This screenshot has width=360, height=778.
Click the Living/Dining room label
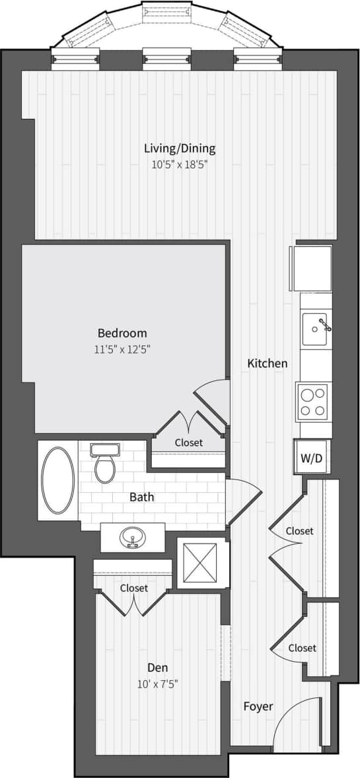180,149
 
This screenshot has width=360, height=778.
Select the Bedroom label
122,333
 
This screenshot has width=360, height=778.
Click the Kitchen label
268,363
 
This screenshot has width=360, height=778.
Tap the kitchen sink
316,329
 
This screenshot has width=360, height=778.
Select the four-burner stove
312,402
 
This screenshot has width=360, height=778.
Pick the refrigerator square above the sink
312,268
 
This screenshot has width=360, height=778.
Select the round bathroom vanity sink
133,537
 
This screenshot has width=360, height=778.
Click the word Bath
142,496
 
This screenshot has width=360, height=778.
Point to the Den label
157,667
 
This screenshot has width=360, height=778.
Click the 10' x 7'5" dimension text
157,683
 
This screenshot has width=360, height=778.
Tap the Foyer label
258,706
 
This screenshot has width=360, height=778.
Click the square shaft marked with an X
200,563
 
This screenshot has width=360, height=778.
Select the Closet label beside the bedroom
189,442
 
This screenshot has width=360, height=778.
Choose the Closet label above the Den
134,588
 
